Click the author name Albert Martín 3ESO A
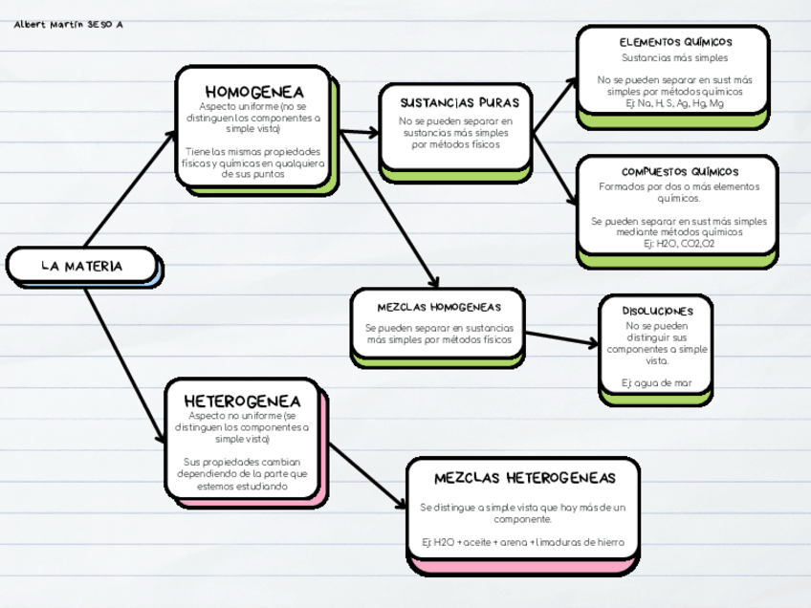tap(69, 25)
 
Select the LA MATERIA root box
tap(82, 266)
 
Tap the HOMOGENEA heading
tap(253, 92)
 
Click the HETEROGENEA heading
tap(242, 401)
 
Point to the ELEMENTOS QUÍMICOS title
tap(675, 42)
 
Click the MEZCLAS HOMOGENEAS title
tap(439, 307)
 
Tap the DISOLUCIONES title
tap(657, 311)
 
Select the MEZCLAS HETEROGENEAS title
tap(524, 478)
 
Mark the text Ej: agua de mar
tap(656, 383)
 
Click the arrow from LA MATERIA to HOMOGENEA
tap(129, 187)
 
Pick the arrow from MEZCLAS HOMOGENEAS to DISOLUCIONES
tap(562, 338)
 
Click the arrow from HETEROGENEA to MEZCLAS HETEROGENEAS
tap(368, 475)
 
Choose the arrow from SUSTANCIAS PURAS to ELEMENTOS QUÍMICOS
tap(555, 105)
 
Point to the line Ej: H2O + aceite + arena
tap(523, 542)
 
